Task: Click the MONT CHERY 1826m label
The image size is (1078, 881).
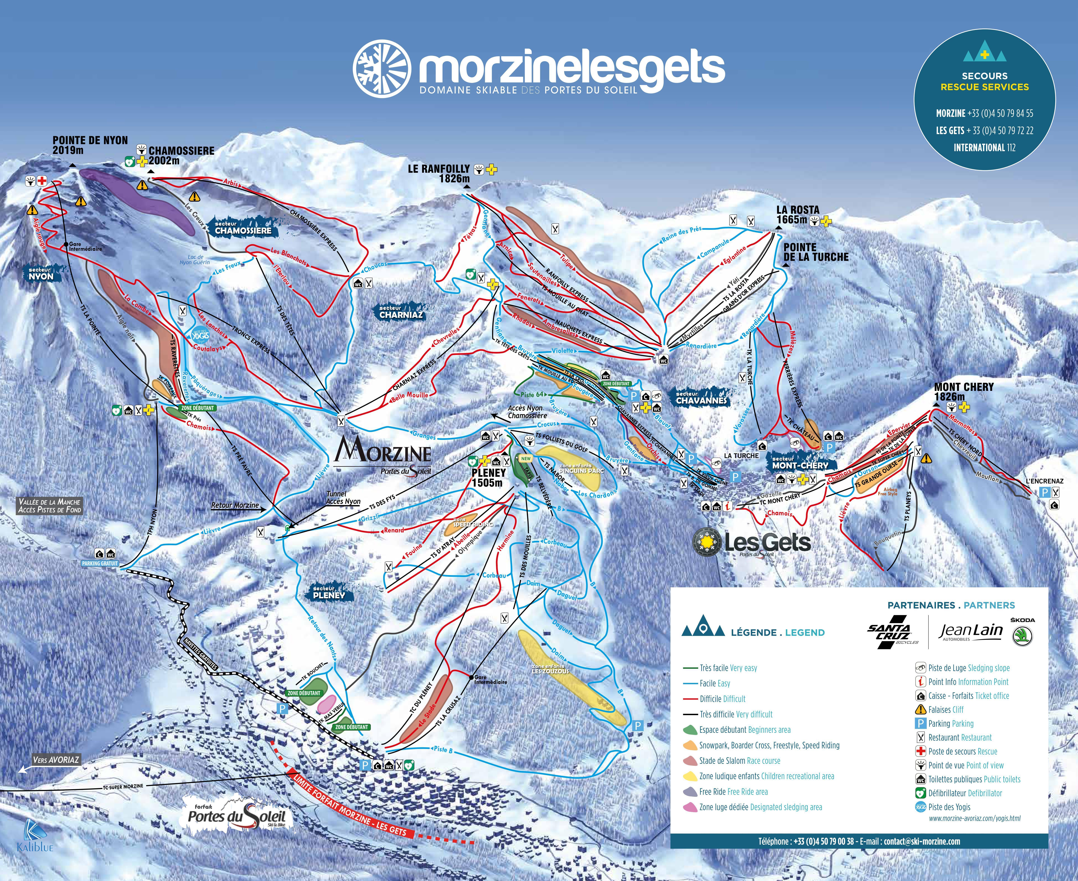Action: coord(963,391)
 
